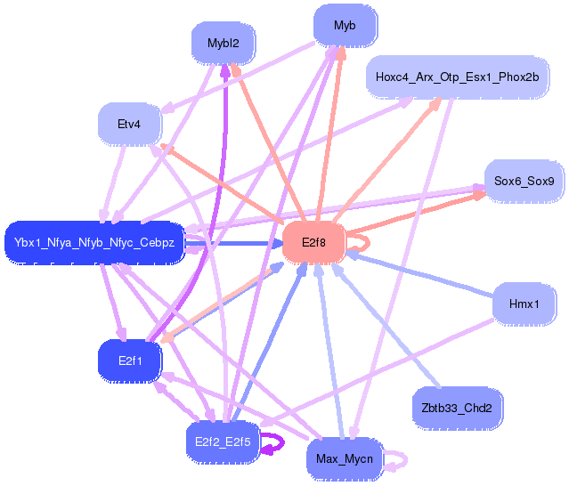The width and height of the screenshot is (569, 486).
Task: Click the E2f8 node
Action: [x=313, y=241]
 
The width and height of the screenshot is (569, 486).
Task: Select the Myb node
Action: [x=345, y=26]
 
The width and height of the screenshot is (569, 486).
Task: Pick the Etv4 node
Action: [x=129, y=124]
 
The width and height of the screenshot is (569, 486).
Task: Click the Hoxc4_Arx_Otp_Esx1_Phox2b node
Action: [x=457, y=77]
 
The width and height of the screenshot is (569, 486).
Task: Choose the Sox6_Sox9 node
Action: [x=524, y=181]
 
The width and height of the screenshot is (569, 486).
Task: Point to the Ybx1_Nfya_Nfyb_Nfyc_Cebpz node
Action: [x=94, y=242]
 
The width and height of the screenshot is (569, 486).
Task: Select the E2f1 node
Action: [x=129, y=360]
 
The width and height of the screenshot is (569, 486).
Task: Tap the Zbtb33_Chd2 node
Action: [x=457, y=409]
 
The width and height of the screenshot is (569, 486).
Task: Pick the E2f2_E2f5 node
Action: [x=224, y=440]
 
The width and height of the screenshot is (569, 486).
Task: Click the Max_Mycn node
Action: [x=344, y=459]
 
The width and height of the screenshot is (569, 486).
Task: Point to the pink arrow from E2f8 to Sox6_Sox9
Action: [x=410, y=215]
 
